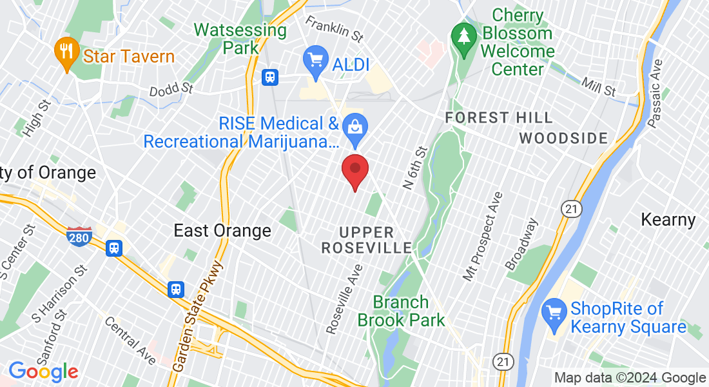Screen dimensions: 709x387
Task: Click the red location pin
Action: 354,170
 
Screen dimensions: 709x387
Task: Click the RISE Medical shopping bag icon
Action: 354,126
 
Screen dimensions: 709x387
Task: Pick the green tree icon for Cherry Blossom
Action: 463,35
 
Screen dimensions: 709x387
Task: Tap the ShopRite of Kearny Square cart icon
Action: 554,313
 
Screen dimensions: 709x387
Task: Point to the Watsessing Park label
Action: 240,38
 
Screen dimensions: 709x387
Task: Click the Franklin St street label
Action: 335,26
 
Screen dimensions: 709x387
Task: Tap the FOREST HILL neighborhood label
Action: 499,117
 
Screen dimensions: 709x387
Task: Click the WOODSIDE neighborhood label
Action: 563,138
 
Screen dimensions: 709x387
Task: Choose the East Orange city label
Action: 223,230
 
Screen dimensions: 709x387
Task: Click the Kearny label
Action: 668,220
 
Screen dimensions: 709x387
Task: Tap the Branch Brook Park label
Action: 401,310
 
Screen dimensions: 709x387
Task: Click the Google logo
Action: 43,371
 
